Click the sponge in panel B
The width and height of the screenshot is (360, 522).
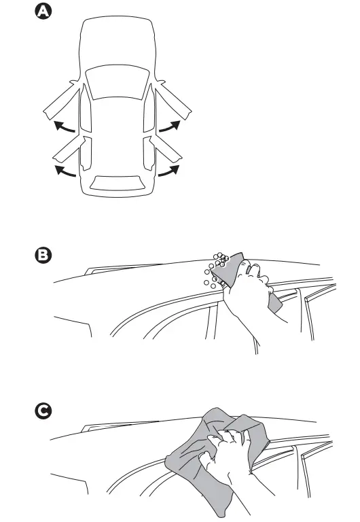coord(234,268)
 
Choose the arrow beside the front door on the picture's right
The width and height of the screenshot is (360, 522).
coord(170,126)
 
